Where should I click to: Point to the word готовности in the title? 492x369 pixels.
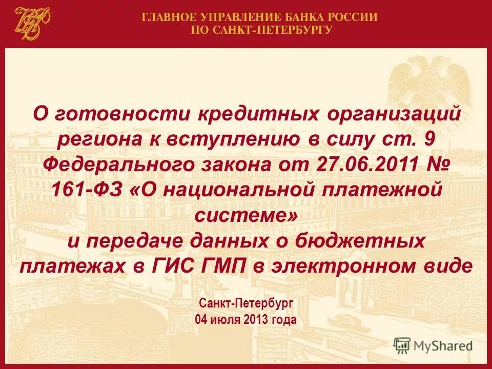point(121,113)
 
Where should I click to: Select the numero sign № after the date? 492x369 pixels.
point(437,165)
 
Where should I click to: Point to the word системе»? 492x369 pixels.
point(245,215)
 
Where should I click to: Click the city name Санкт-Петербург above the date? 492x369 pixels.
point(245,303)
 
